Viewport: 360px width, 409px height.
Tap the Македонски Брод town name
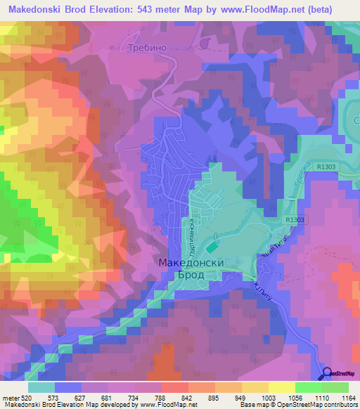click(191, 268)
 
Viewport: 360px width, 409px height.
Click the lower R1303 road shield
click(296, 220)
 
